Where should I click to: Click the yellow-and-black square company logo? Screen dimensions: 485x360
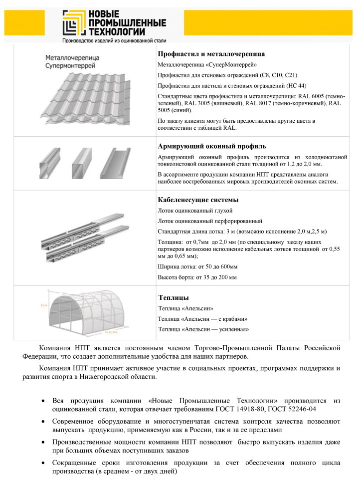[x=73, y=22]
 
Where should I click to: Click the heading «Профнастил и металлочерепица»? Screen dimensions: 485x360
[x=211, y=54]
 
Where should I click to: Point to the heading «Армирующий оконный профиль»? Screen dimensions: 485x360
[x=212, y=147]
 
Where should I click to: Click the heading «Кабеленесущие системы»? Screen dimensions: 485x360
[x=197, y=200]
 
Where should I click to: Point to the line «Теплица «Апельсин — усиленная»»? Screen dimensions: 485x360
[x=203, y=329]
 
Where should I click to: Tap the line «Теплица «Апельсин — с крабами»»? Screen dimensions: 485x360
[x=203, y=319]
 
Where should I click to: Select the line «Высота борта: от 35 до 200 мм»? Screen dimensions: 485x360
[x=197, y=277]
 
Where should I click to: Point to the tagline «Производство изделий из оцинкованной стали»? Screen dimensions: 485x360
[x=114, y=40]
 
